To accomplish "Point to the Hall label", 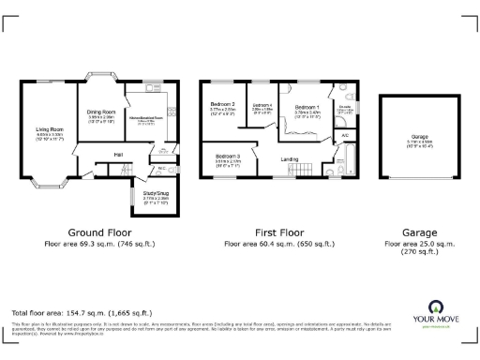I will [x=119, y=154].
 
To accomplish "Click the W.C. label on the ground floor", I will [x=161, y=168].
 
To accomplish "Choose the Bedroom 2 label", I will [x=222, y=104].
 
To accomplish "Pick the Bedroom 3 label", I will [x=229, y=157].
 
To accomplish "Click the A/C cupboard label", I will [x=345, y=137].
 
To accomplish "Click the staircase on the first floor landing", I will [x=302, y=170].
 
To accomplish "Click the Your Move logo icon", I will [x=436, y=307].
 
